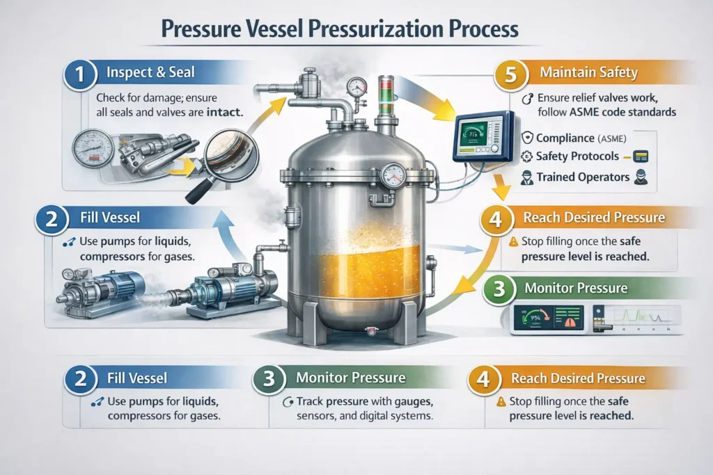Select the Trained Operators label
coord(583,177)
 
